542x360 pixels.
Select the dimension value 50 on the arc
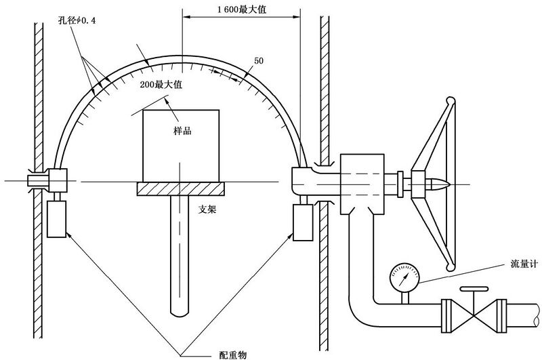(259, 61)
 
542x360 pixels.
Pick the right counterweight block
(302, 223)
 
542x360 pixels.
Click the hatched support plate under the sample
(180, 189)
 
